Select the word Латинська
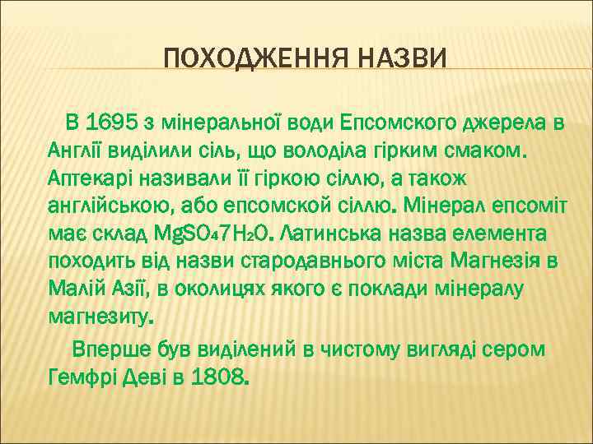coord(337,234)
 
